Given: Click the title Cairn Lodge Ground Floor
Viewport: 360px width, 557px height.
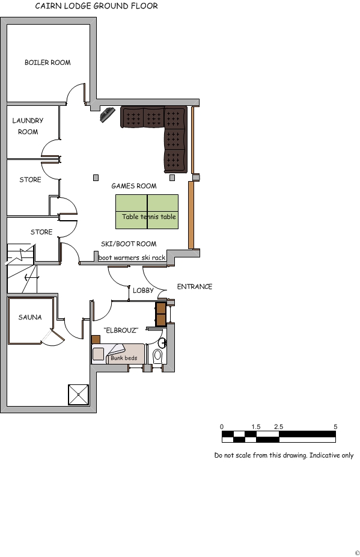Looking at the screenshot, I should (96, 7).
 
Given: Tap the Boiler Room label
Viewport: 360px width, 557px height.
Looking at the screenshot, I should (47, 63).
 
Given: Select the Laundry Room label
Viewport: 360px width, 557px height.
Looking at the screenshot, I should (28, 126).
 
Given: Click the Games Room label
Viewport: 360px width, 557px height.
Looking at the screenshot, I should (133, 186).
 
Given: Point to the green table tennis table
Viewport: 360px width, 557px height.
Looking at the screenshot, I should (147, 211).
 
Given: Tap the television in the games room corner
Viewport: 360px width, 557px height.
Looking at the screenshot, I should (108, 114).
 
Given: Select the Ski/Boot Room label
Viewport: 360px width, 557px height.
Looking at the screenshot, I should (128, 244).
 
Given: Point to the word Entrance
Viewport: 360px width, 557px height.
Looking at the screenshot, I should (194, 287).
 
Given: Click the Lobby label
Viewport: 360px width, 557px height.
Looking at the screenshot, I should (143, 291).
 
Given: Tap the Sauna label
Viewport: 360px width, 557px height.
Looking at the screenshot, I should (29, 317).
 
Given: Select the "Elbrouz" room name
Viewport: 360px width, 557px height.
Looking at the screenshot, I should (121, 330).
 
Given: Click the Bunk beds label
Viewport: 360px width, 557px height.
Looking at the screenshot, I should (123, 358).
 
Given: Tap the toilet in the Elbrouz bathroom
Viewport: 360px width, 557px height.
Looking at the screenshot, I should (158, 355).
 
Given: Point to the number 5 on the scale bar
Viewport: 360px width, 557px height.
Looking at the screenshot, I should (335, 426).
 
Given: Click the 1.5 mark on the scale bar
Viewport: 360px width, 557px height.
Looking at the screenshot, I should (255, 426).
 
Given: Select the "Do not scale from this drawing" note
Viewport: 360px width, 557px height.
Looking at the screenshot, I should (284, 455).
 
